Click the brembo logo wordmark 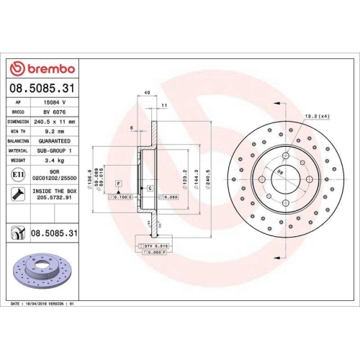click(x=45, y=68)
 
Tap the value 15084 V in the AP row click(x=55, y=104)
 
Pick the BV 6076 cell click(x=55, y=113)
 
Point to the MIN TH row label click(x=18, y=132)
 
